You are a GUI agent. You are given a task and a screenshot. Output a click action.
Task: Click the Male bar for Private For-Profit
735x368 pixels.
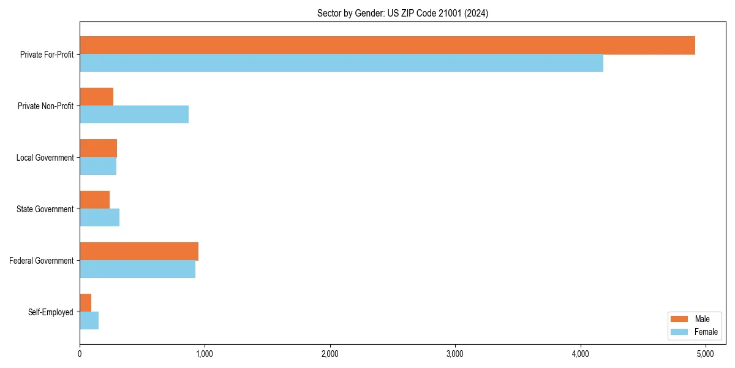[x=387, y=45]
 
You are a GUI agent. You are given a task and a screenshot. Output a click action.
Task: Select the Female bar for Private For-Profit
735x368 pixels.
[x=341, y=63]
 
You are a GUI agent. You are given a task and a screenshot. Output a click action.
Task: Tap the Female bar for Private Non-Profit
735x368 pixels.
[x=134, y=115]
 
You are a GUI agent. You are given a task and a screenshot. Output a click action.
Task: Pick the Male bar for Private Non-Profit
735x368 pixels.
[x=96, y=97]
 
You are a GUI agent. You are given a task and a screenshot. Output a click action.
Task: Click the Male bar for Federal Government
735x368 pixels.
[x=139, y=251]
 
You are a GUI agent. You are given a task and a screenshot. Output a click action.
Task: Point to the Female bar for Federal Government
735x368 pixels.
[x=137, y=269]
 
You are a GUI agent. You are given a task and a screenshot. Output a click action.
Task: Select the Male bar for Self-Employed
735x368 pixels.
[x=85, y=303]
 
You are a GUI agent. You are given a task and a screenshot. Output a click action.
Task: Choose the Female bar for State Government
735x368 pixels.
[x=99, y=218]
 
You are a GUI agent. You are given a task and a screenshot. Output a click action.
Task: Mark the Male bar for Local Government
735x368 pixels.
[x=98, y=148]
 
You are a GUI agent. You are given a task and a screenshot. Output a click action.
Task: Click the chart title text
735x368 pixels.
[x=402, y=13]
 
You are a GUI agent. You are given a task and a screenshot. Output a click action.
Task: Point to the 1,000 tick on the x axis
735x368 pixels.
[x=205, y=354]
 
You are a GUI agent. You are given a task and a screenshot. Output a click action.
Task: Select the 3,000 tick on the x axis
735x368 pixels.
[x=455, y=354]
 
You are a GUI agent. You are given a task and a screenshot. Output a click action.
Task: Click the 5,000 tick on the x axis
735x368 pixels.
[x=706, y=354]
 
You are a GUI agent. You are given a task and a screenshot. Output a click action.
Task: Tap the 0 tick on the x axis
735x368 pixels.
[x=80, y=354]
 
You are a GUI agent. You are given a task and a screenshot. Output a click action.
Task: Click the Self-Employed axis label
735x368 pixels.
[x=51, y=312]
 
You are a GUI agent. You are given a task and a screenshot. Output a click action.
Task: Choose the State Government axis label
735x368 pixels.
[x=45, y=209]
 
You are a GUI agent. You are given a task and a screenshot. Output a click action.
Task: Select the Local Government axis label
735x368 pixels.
[x=45, y=158]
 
